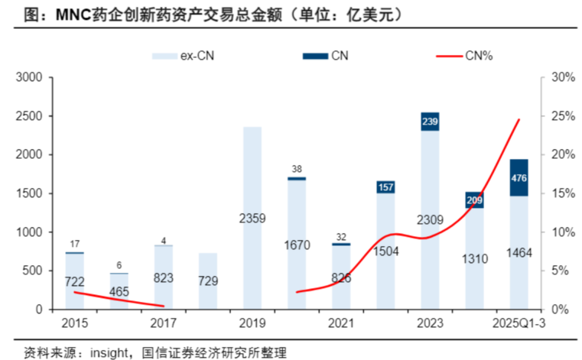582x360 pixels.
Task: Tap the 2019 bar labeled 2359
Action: [x=252, y=218]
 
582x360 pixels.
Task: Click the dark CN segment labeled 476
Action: [x=519, y=177]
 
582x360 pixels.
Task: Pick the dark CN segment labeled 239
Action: [x=430, y=122]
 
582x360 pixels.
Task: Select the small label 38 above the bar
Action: [x=297, y=169]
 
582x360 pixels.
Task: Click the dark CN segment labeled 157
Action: [x=385, y=187]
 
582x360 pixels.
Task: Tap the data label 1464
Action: [x=519, y=253]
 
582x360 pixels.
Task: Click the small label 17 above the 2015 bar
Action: [x=75, y=245]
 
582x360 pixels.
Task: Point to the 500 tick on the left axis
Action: [x=34, y=271]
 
